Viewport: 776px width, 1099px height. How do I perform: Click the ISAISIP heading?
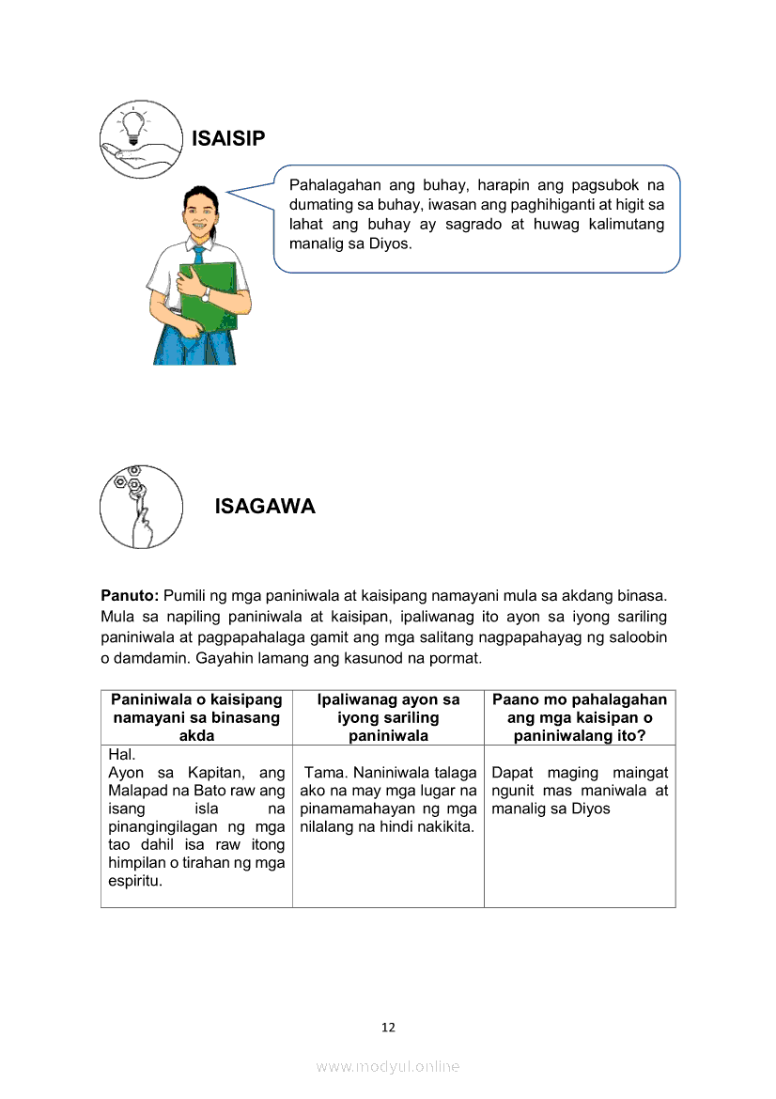click(x=227, y=139)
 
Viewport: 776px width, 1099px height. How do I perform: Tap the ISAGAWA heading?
click(x=265, y=507)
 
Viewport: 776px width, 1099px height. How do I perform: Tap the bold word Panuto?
click(x=130, y=596)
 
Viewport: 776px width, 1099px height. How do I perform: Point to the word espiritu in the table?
click(x=135, y=881)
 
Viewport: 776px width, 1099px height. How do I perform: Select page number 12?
click(x=388, y=1028)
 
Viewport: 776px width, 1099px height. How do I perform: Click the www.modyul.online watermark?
click(x=388, y=1066)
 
